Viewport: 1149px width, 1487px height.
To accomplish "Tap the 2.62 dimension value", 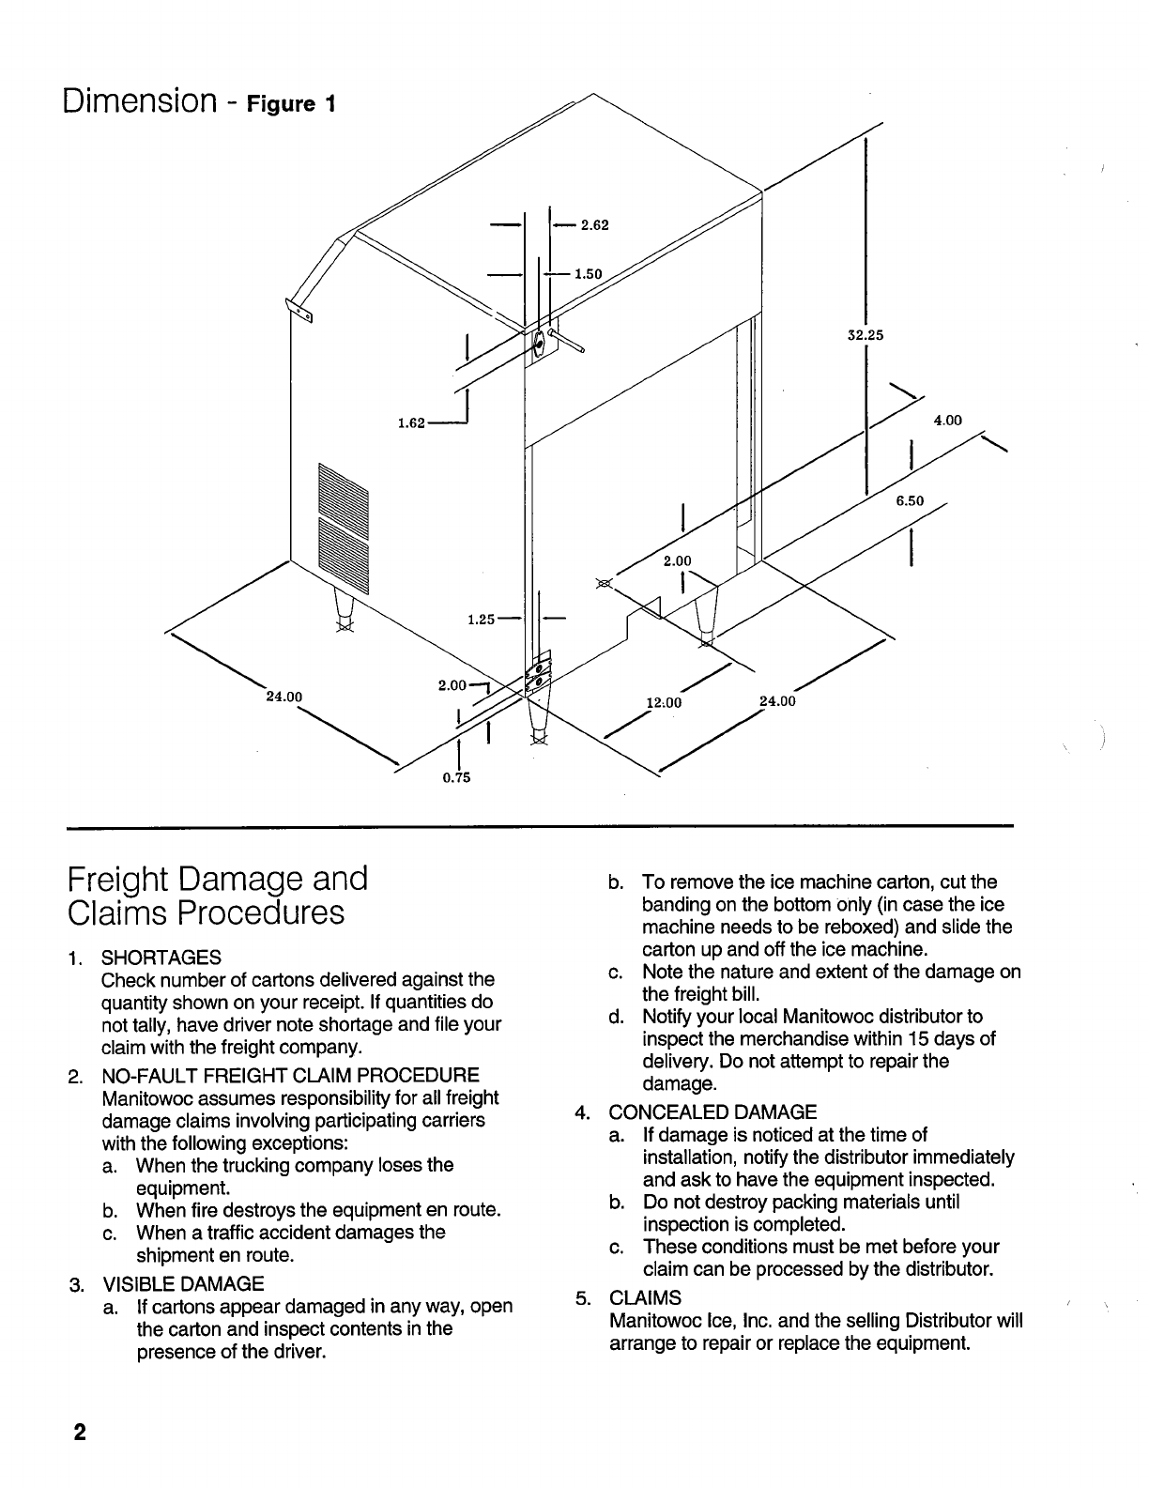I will point(595,224).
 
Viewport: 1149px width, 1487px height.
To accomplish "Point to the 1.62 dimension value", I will point(411,424).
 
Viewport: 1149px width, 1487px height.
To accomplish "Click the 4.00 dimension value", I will point(947,421).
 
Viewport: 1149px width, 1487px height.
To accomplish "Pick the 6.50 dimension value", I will point(909,501).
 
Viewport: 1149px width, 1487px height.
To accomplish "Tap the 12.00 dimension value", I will point(663,701).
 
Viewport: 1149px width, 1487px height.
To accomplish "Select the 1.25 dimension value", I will point(482,619).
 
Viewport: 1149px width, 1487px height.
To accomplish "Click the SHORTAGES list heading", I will point(161,958).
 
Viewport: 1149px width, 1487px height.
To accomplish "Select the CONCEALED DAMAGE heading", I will point(712,1112).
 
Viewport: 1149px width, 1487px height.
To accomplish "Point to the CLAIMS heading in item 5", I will point(645,1298).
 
